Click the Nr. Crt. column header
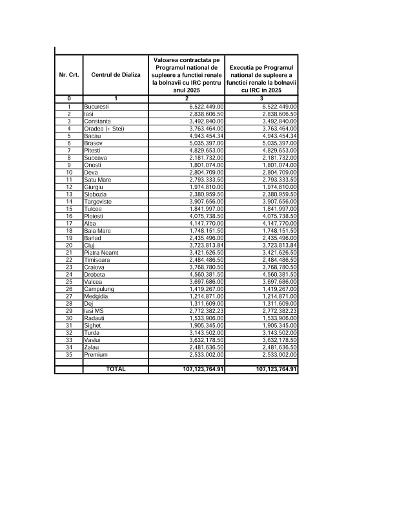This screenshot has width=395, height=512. (68, 75)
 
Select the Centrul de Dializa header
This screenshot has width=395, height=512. (116, 75)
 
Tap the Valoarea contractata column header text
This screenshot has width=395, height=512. (187, 75)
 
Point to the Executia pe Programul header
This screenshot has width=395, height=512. (261, 75)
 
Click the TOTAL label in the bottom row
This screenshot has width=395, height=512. (116, 369)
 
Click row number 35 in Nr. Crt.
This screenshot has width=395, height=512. (68, 355)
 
